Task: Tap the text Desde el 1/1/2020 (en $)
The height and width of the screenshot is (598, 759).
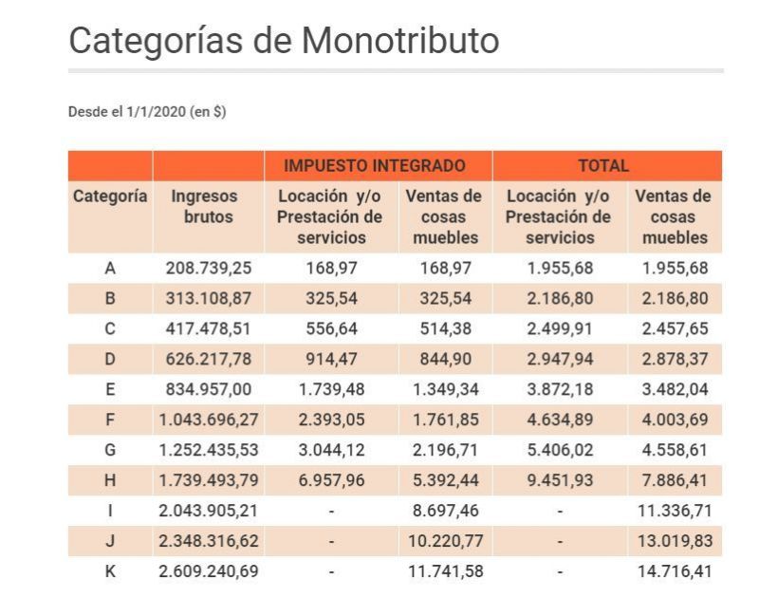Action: coord(147,112)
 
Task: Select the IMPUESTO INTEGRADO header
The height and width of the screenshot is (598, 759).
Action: coord(375,166)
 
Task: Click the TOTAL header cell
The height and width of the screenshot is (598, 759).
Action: coord(603,166)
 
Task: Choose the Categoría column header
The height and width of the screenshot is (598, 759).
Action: coord(110,196)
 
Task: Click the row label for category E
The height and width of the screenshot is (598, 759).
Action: coord(110,389)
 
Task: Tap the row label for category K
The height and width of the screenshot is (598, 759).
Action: coord(110,571)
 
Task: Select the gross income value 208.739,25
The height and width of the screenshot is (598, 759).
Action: coord(208,268)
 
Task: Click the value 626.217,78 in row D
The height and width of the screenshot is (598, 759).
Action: coord(208,359)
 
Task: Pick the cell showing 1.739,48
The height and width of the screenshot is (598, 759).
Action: coord(330,389)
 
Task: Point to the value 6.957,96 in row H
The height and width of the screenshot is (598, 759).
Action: coord(330,480)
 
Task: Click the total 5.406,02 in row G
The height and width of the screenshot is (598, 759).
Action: coord(560,450)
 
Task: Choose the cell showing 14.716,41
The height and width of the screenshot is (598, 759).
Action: coord(675,571)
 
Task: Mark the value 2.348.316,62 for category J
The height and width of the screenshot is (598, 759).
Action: coord(208,541)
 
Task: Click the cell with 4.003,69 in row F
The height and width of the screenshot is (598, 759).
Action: coord(675,420)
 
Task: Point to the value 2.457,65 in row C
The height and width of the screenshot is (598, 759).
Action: coord(675,328)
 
